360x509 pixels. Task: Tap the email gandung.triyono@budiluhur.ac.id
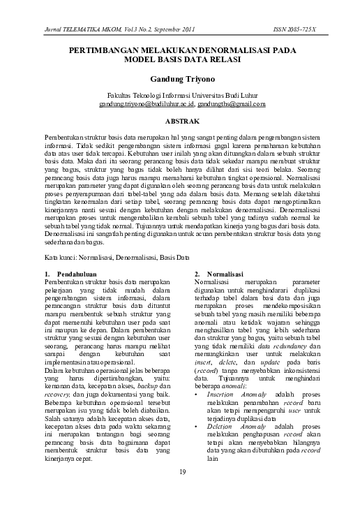tap(147, 104)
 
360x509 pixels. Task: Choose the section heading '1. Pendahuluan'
tap(68, 273)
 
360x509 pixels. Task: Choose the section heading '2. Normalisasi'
tap(218, 273)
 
